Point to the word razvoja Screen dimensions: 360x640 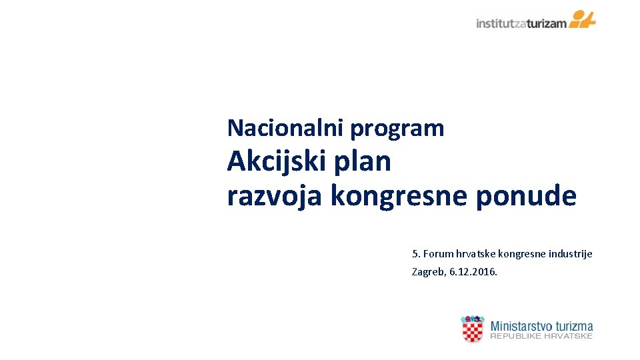pyautogui.click(x=275, y=197)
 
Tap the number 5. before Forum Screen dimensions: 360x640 pyautogui.click(x=416, y=253)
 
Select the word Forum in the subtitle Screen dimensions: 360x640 pyautogui.click(x=438, y=253)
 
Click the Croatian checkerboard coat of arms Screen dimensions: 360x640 pyautogui.click(x=473, y=329)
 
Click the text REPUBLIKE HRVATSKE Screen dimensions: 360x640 pyautogui.click(x=541, y=337)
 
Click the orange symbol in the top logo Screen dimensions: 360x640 pyautogui.click(x=583, y=19)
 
